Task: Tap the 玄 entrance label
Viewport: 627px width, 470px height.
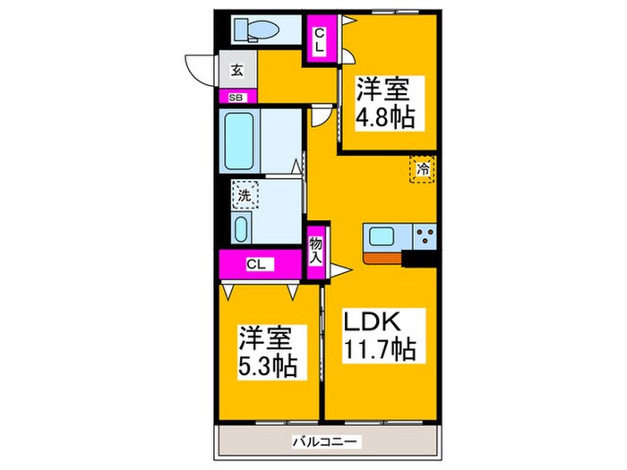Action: pyautogui.click(x=236, y=70)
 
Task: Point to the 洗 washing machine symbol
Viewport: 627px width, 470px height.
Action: pyautogui.click(x=244, y=193)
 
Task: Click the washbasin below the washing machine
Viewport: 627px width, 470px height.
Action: pyautogui.click(x=242, y=228)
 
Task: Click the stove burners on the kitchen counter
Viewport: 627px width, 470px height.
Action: pyautogui.click(x=425, y=237)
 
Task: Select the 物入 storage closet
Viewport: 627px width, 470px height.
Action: pyautogui.click(x=316, y=250)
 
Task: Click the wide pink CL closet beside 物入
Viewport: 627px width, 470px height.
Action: pyautogui.click(x=258, y=264)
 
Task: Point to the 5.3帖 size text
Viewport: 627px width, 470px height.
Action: pyautogui.click(x=267, y=366)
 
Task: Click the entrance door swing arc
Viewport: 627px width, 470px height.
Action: pyautogui.click(x=199, y=67)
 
